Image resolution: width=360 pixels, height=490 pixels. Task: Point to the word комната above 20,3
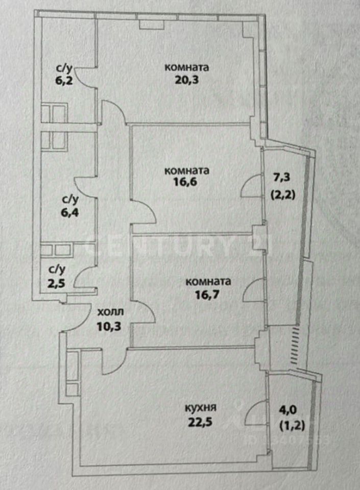(187, 67)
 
